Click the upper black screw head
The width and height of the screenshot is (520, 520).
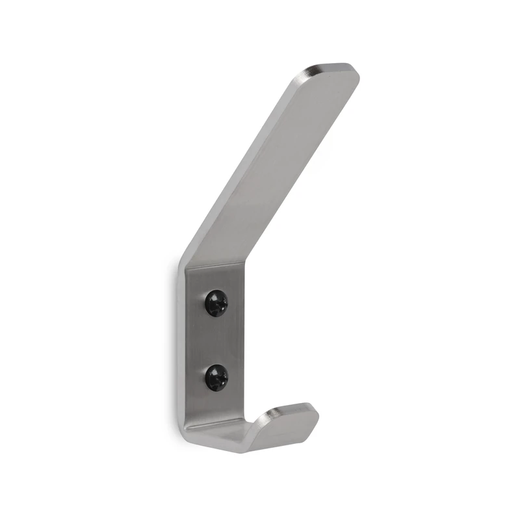(x=215, y=302)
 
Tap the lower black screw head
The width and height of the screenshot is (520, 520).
(x=215, y=377)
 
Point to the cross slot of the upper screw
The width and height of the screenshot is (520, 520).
(x=215, y=302)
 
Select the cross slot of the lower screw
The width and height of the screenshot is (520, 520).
(x=215, y=377)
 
